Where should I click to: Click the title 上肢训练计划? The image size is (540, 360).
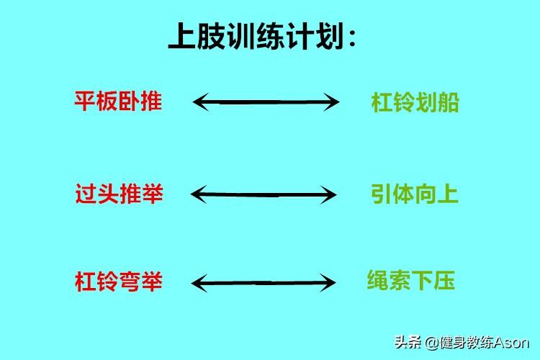(262, 36)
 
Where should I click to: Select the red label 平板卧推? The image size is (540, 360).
(118, 101)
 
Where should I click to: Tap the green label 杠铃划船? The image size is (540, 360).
(415, 103)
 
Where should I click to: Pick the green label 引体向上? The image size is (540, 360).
(415, 194)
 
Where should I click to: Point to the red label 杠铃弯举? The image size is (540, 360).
(119, 282)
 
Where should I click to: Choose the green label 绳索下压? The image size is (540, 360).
(410, 281)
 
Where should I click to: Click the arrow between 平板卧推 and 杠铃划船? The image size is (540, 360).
(266, 102)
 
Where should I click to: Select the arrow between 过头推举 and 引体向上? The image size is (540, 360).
(264, 194)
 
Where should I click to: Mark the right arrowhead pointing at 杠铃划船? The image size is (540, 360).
(333, 102)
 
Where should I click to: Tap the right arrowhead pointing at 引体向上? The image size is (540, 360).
(331, 194)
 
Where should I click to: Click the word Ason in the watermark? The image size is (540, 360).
(513, 342)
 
